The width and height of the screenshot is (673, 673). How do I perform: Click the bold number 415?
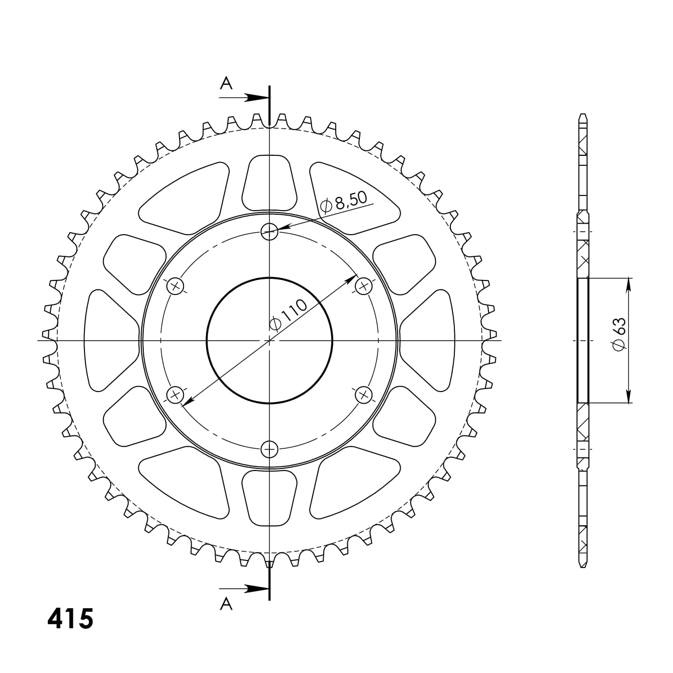coord(70,619)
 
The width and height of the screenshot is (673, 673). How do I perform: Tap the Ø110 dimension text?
coord(289,315)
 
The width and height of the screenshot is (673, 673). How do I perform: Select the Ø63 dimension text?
coord(620,334)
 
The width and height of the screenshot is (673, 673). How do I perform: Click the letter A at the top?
coord(226,83)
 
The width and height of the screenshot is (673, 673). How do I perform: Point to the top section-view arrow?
coord(244,98)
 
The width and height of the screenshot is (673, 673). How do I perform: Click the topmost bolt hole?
coord(269,231)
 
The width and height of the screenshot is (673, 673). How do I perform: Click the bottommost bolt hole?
coord(269,449)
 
